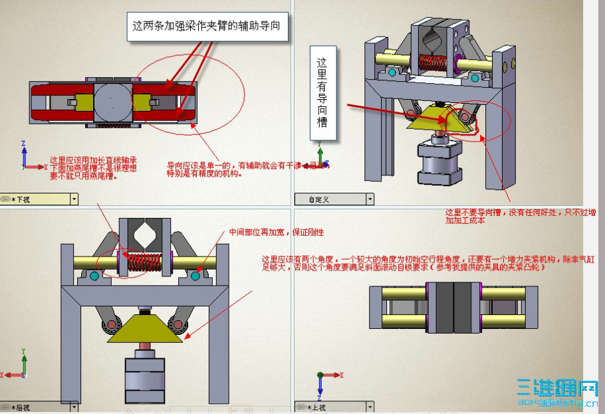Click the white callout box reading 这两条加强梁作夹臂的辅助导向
click(x=205, y=27)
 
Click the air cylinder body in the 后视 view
click(x=144, y=379)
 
